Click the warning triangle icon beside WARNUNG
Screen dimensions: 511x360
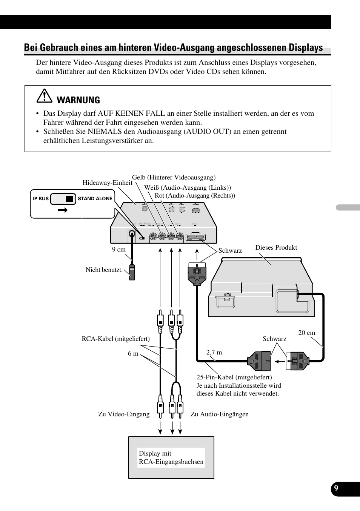[x=45, y=97]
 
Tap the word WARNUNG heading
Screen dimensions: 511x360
[x=78, y=100]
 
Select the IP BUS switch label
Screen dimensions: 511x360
[x=41, y=199]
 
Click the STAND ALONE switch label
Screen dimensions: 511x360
[x=95, y=199]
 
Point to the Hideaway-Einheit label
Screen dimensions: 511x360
[x=107, y=183]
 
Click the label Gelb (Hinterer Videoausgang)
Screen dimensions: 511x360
[x=174, y=178]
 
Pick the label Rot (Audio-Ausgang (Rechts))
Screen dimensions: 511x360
[x=195, y=195]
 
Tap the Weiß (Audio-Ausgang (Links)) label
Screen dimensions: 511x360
[x=188, y=187]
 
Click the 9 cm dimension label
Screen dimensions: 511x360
[x=118, y=250]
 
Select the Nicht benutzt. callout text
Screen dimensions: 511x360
[x=104, y=270]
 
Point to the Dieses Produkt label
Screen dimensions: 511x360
[x=276, y=248]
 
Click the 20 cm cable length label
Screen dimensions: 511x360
[x=306, y=333]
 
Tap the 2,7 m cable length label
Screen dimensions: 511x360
[x=214, y=353]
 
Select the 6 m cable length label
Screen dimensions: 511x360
[x=133, y=354]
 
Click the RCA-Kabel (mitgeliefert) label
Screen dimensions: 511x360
[x=115, y=339]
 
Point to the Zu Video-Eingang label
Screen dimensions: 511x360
[x=124, y=414]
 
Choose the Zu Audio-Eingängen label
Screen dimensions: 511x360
[x=219, y=414]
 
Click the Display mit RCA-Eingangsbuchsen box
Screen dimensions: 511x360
[x=171, y=457]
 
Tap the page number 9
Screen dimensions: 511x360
[x=336, y=489]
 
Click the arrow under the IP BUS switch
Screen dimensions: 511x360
[x=63, y=210]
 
